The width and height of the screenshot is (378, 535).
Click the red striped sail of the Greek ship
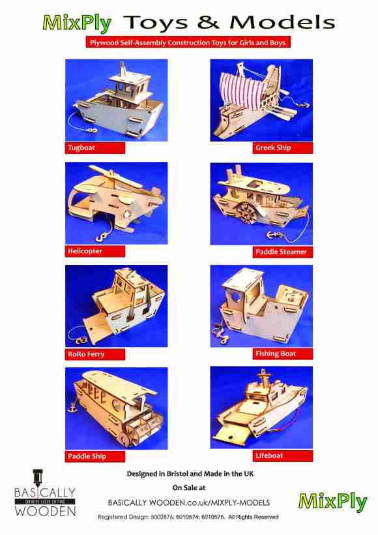click(241, 91)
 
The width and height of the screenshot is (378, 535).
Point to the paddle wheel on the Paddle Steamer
click(246, 214)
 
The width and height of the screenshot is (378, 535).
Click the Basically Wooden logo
click(45, 493)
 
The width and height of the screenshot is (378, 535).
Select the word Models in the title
click(283, 23)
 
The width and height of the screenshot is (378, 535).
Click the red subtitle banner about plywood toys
click(188, 42)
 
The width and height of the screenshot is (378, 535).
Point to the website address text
click(189, 502)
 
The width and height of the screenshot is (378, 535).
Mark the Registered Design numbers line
click(188, 517)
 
